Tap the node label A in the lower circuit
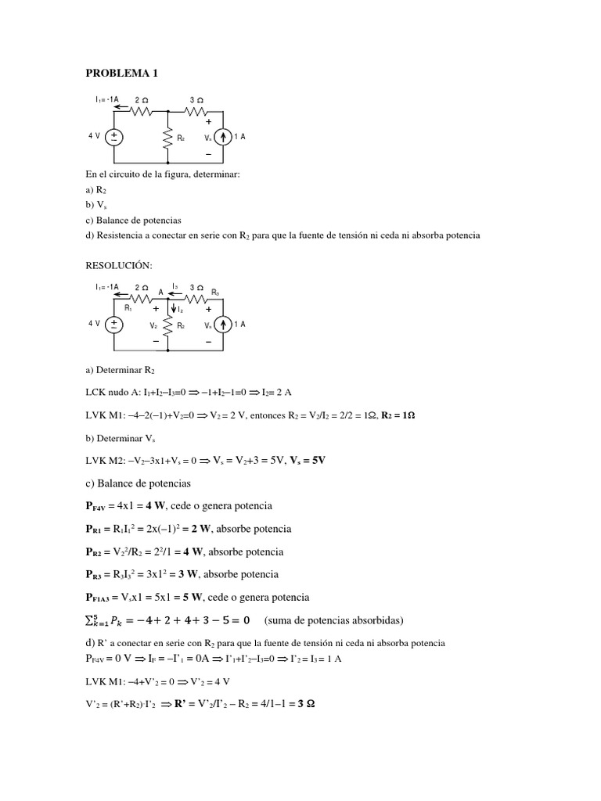(161, 292)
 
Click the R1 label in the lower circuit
(128, 308)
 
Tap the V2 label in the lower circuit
(154, 325)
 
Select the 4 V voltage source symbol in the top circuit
(114, 137)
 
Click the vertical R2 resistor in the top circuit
(168, 138)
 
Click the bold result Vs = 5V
(307, 460)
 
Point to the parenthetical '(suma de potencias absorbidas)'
(334, 621)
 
